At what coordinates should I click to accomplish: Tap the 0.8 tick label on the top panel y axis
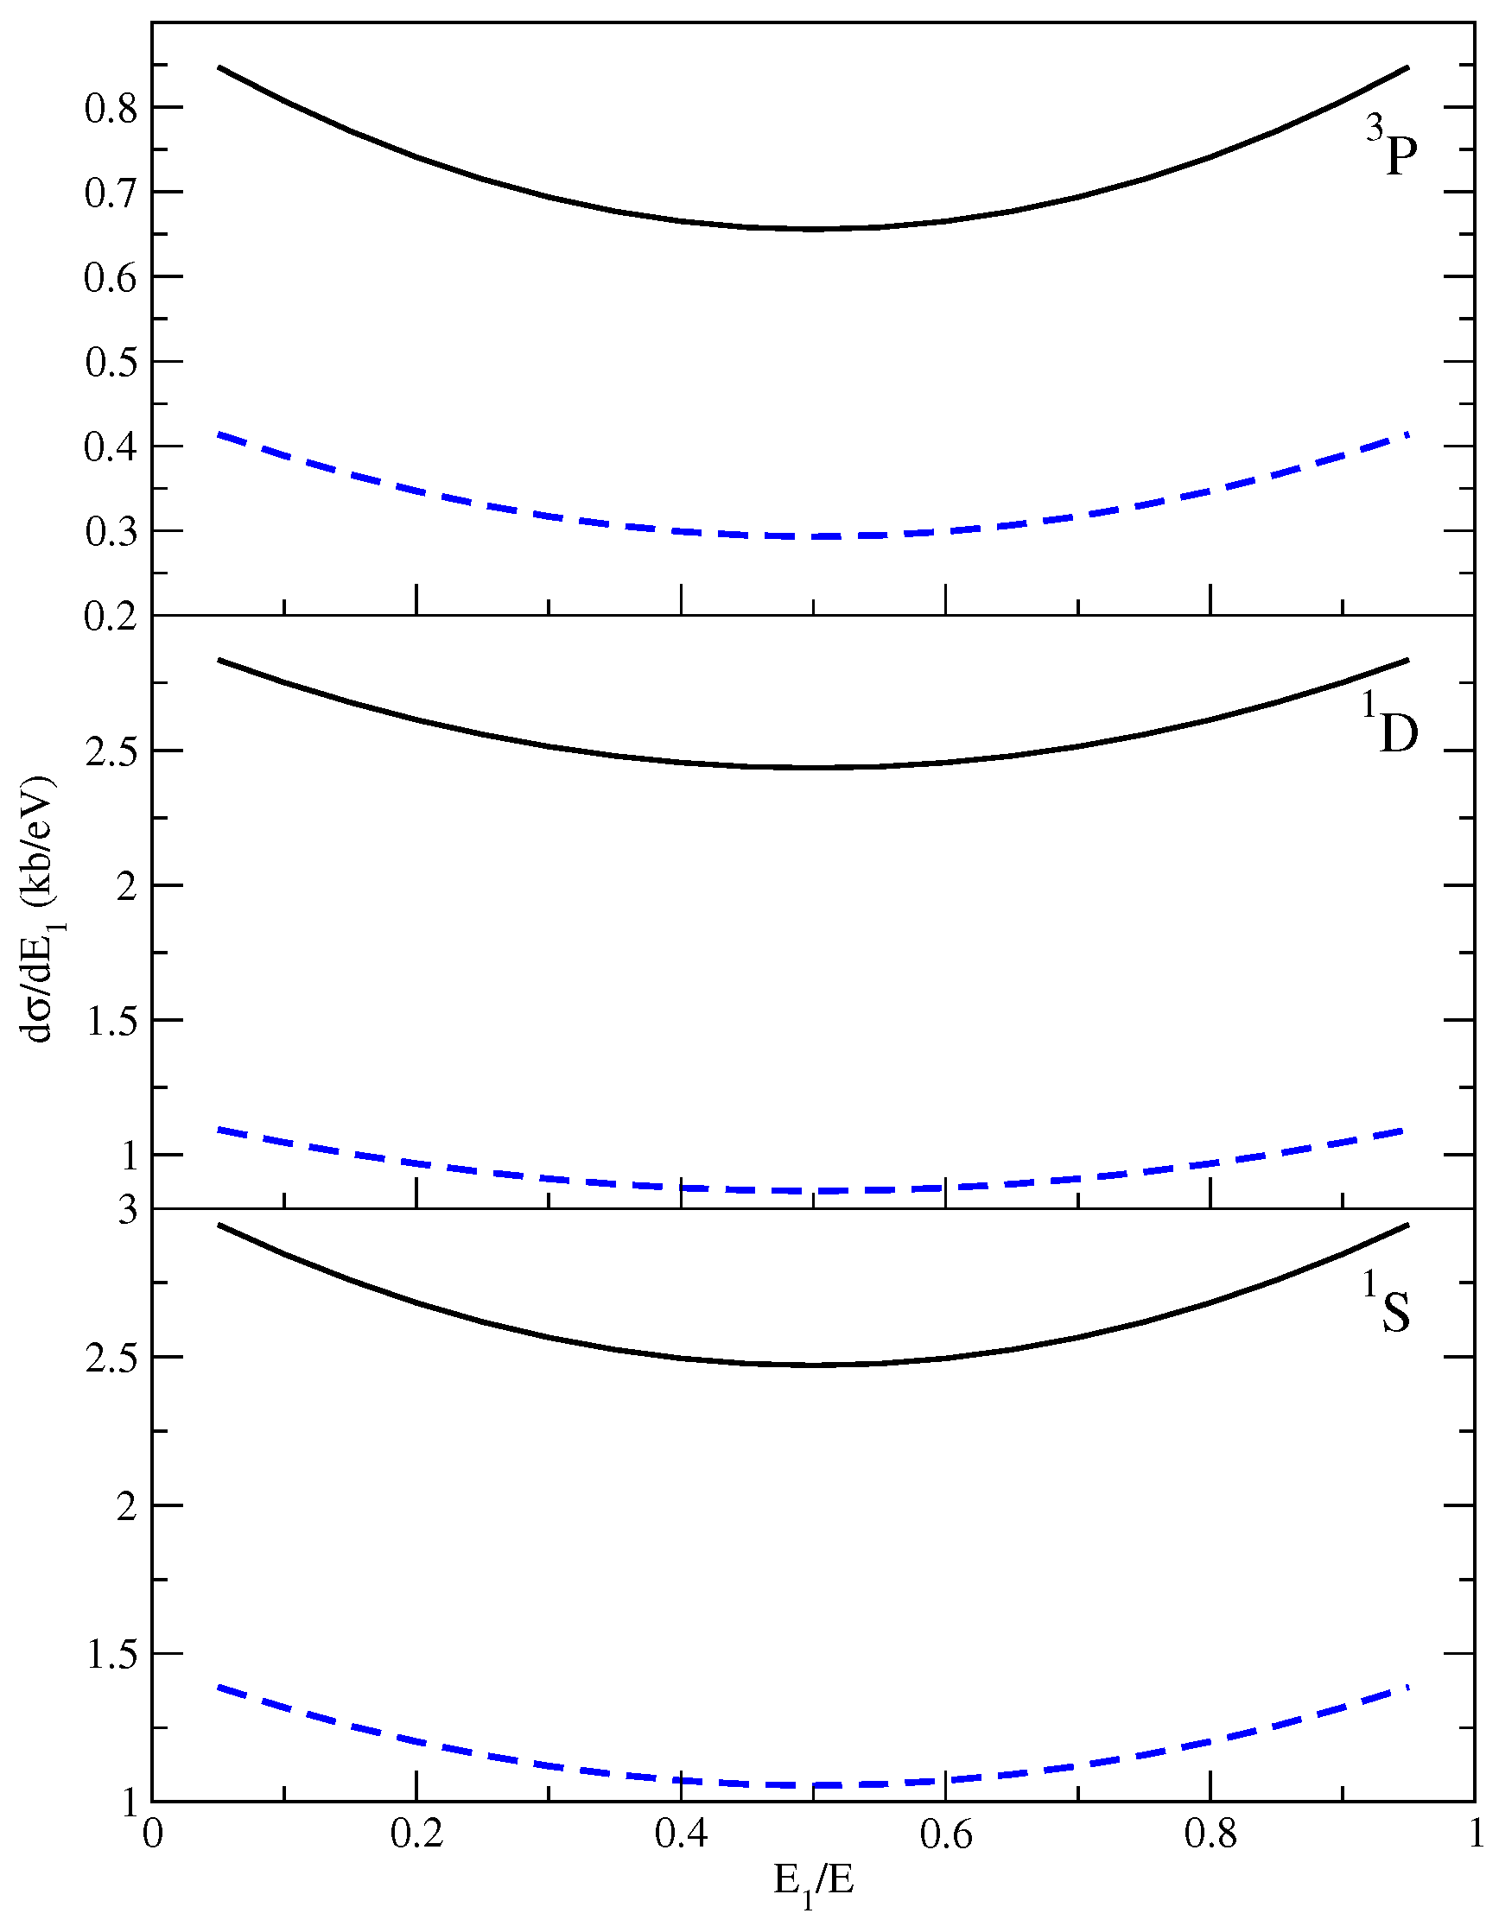pos(111,109)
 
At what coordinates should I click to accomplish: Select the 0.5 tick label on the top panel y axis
pos(111,363)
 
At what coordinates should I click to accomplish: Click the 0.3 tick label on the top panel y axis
pos(111,532)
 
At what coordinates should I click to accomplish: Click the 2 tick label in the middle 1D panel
pos(128,886)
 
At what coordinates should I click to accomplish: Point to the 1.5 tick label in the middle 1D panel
pos(111,1021)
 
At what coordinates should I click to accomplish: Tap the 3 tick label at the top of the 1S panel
pos(129,1211)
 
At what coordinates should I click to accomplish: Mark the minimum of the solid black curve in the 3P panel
pos(814,229)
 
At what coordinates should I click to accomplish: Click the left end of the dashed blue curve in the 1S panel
pos(219,1687)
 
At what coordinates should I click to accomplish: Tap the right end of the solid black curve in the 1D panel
pos(1408,660)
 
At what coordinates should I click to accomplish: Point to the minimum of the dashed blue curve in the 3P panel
pos(814,536)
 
